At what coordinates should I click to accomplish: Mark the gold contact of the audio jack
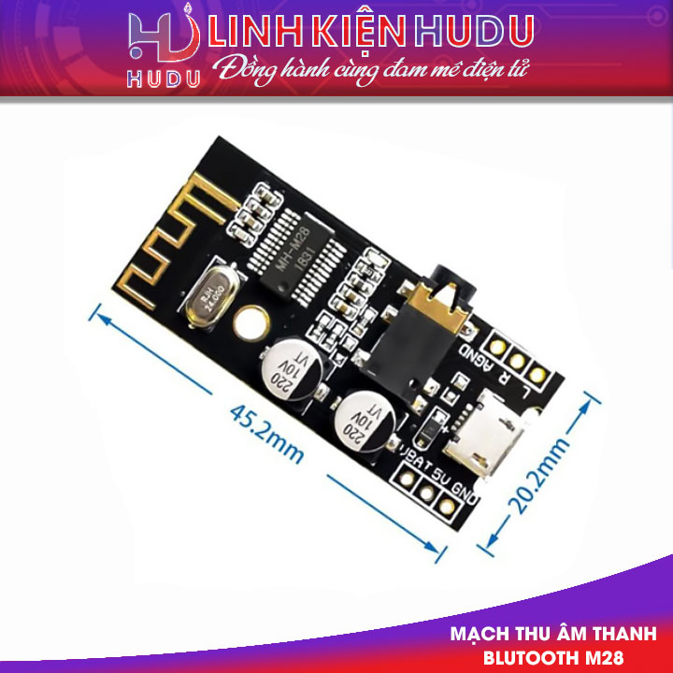point(432,302)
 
